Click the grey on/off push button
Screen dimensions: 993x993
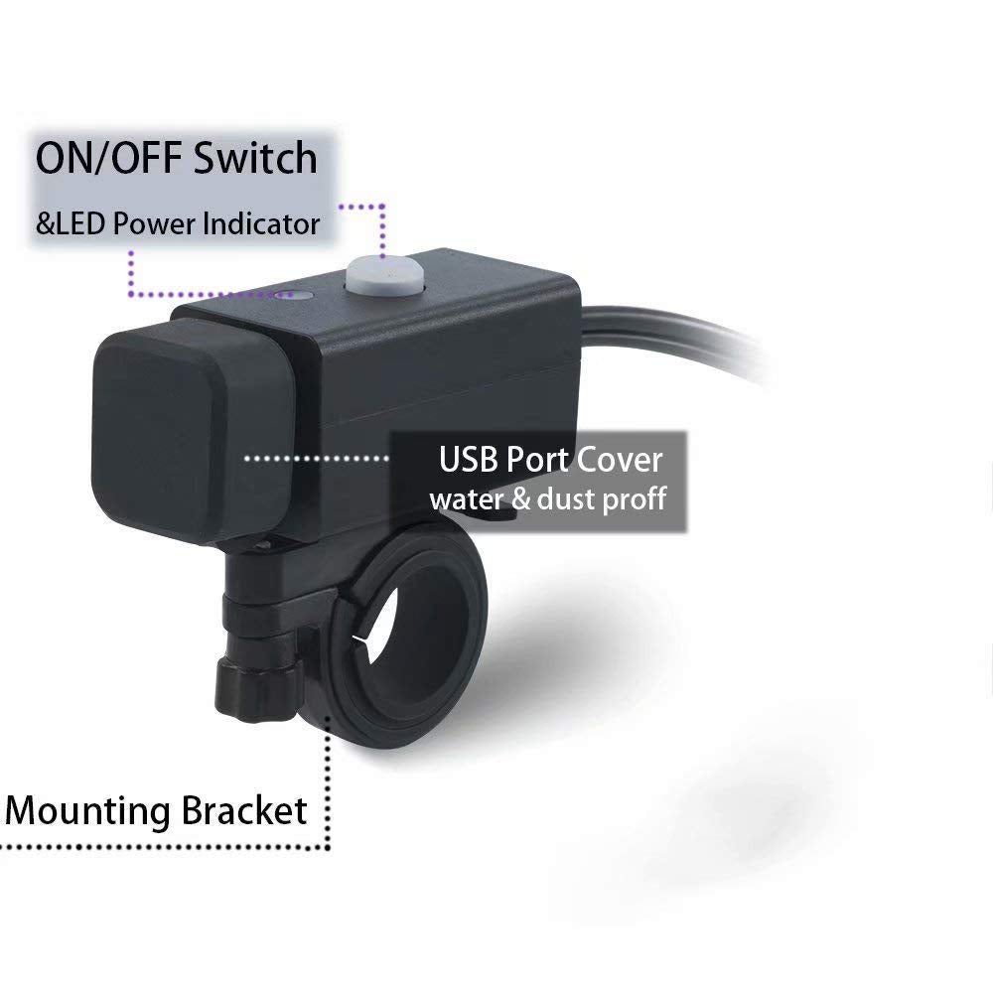point(383,274)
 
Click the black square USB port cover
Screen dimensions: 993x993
point(193,431)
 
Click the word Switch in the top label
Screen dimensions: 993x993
point(255,158)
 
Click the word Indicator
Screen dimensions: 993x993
point(261,224)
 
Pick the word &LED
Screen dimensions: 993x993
point(71,224)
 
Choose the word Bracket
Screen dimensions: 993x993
point(244,810)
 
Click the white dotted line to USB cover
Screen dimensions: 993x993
point(317,459)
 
